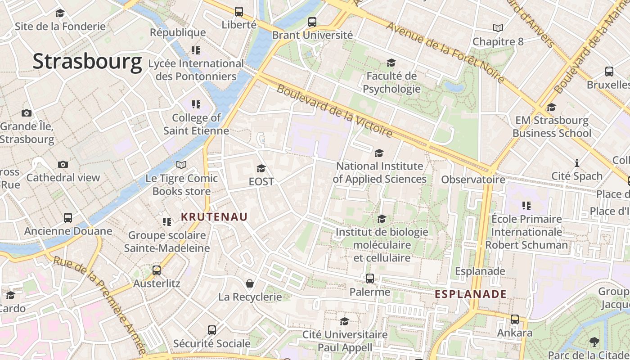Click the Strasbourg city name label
tap(87, 62)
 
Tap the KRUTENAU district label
tap(214, 217)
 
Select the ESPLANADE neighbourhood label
tap(471, 294)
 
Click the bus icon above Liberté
tap(239, 12)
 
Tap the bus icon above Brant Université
tap(312, 22)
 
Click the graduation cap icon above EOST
tap(261, 169)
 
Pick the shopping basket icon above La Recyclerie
tap(250, 283)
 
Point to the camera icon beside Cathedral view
tap(63, 165)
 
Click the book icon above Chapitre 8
tap(498, 28)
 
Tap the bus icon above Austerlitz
tap(157, 270)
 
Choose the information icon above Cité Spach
tap(576, 163)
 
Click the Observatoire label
tap(473, 180)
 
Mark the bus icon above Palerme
tap(369, 279)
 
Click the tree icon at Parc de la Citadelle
tap(594, 342)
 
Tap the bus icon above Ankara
tap(514, 319)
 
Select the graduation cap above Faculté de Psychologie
tap(391, 63)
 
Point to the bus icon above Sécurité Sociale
tap(212, 330)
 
